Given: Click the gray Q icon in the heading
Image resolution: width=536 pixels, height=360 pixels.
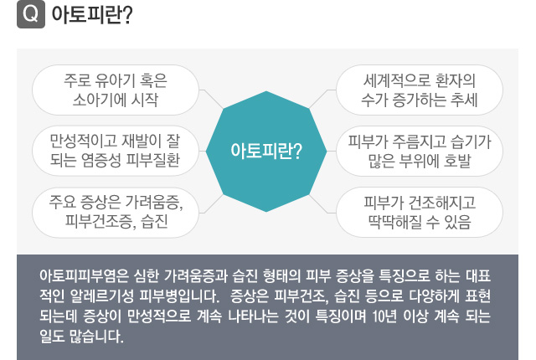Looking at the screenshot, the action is [31, 14].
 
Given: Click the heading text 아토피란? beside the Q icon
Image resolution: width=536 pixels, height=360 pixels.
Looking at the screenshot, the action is [92, 15].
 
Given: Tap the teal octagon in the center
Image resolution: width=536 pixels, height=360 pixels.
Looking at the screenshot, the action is [266, 152].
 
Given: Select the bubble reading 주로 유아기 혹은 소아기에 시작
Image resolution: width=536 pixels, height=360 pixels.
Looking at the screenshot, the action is [116, 90].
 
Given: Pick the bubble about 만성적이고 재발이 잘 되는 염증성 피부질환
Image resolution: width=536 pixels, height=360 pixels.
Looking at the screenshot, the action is [116, 151].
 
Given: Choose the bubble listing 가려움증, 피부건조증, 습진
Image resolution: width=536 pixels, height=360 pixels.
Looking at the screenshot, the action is [116, 213].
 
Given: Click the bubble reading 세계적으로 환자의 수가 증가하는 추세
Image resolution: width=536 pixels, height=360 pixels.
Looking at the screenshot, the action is [420, 90].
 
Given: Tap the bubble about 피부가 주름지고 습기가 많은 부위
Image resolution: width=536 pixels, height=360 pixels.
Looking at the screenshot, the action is [420, 151].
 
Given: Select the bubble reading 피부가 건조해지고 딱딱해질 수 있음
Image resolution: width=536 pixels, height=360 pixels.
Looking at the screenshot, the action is [420, 213].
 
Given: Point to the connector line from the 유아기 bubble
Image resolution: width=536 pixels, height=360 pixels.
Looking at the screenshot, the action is [212, 98].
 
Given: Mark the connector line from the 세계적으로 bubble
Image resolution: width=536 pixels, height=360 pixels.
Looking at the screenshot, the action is [322, 98].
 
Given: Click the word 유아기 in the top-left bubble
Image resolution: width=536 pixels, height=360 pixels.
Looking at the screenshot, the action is [114, 80].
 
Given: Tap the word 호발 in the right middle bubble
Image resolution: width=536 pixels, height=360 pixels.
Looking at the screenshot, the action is [457, 162].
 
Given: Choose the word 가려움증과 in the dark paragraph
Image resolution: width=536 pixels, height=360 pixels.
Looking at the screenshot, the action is [196, 276].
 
